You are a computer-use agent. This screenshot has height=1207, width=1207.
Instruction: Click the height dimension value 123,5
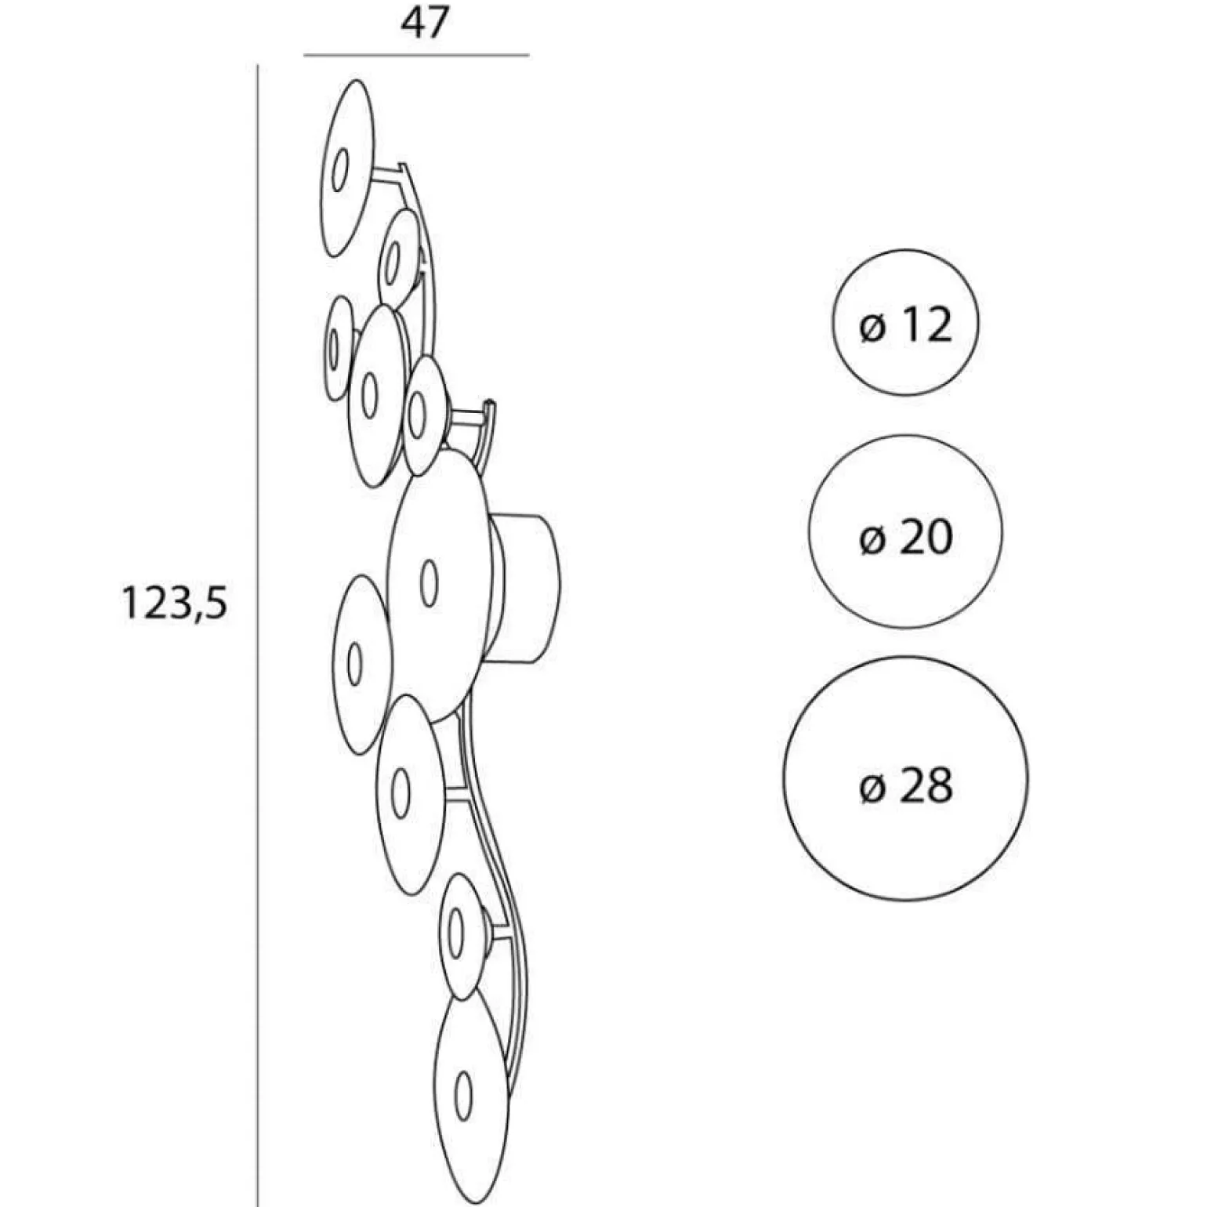tap(174, 604)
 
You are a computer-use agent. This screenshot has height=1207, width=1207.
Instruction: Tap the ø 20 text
tap(905, 538)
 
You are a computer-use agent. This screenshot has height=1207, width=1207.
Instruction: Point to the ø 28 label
tap(905, 785)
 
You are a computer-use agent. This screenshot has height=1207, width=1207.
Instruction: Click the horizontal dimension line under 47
tap(416, 56)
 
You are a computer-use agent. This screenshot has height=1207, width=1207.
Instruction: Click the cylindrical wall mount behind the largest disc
tap(527, 587)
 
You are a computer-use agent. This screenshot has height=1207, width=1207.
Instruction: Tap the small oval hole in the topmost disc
tap(339, 169)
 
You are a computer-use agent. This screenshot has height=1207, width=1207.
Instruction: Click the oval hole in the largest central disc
tap(428, 583)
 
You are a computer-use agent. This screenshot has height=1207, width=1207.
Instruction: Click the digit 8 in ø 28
tap(937, 785)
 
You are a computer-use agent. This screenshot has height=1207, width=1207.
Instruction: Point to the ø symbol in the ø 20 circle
tap(872, 539)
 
